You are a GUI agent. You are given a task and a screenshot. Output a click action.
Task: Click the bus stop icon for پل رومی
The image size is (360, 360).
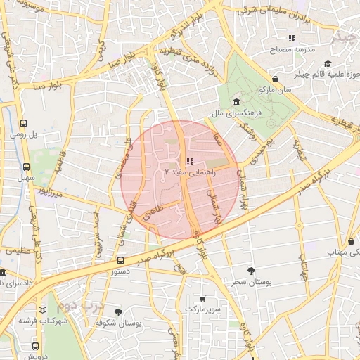[x=24, y=121]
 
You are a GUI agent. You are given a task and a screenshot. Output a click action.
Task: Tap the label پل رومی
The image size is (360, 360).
[x=23, y=133]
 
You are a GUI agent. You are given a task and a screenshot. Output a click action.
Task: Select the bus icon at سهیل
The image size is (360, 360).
[x=27, y=167]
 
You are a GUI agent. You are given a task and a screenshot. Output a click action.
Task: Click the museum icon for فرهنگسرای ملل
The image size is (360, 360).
[x=236, y=102]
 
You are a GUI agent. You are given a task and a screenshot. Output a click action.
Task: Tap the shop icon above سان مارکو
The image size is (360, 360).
[x=274, y=79]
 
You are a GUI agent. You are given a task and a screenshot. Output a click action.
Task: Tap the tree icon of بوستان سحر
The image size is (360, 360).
[x=252, y=271]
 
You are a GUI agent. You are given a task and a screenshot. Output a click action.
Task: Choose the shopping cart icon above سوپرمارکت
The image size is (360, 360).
[x=203, y=298]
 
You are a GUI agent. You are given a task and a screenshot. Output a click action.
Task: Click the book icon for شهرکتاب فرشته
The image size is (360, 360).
[x=43, y=310]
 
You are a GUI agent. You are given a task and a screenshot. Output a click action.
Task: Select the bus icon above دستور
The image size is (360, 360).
[x=122, y=259]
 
